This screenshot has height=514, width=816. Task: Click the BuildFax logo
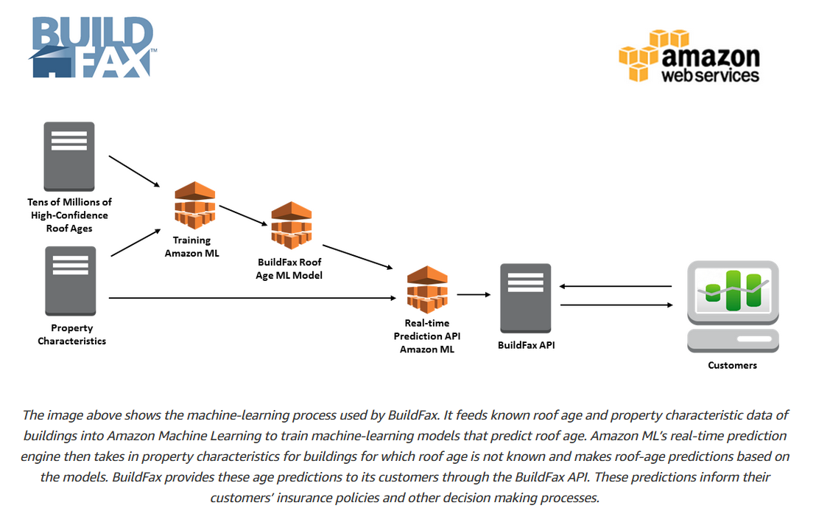pos(92,47)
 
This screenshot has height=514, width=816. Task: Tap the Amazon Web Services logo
pos(689,56)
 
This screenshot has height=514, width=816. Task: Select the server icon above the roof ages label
pos(69,156)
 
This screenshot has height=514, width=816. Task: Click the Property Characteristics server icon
pos(70,281)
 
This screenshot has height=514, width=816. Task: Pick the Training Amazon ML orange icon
pos(194,206)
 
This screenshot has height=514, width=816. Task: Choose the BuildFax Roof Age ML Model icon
pos(292,225)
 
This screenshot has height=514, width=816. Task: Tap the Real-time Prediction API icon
pos(426,289)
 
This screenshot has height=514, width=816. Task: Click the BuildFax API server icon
pos(526,298)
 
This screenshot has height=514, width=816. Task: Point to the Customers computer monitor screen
pos(733,290)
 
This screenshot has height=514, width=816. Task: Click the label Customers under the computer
pos(732,366)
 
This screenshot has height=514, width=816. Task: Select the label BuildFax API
pos(526,345)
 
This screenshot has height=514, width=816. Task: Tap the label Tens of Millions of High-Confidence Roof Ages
pos(69,215)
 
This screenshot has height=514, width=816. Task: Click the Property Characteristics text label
pos(72,334)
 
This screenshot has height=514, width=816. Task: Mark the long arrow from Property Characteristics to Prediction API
pos(253,298)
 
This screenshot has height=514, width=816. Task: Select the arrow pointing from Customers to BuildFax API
pos(615,286)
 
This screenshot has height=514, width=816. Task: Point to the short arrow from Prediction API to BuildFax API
pos(474,294)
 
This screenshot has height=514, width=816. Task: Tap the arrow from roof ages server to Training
pos(134,171)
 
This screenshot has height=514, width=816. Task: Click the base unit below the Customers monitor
pos(733,341)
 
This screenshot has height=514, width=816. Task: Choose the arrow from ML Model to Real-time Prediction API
pos(357,257)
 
